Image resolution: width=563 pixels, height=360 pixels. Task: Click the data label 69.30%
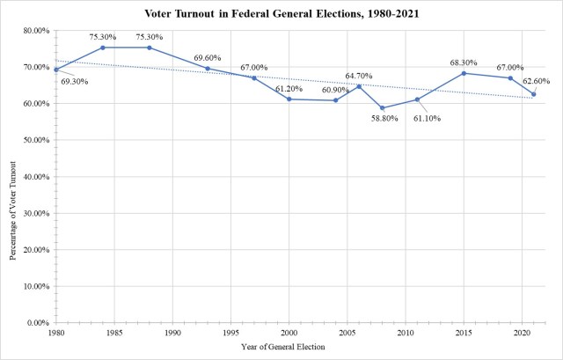(76, 81)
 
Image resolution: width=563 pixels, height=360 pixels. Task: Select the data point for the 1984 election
(103, 48)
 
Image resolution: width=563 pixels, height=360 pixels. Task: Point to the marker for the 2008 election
(382, 108)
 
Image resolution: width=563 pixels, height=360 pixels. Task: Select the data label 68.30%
(464, 62)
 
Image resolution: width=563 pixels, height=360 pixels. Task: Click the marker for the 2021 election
(533, 94)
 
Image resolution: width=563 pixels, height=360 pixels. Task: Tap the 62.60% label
(538, 82)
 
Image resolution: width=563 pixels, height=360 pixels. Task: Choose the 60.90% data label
(335, 90)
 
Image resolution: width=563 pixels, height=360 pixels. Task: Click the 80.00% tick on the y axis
(35, 31)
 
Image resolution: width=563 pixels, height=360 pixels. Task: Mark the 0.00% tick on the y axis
(38, 323)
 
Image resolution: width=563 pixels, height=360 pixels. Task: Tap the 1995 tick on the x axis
(230, 334)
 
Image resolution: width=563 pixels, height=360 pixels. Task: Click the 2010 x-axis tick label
(406, 334)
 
